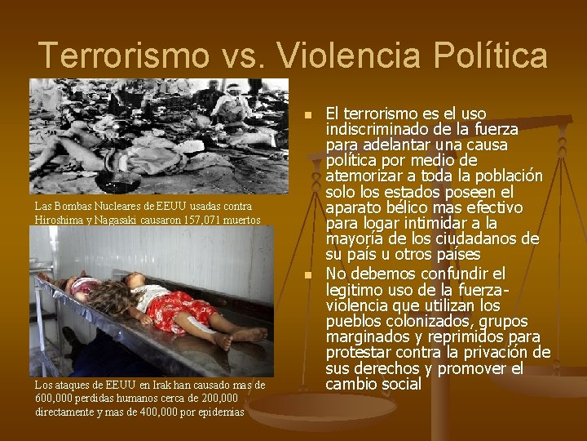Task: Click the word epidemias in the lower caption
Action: click(x=217, y=411)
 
